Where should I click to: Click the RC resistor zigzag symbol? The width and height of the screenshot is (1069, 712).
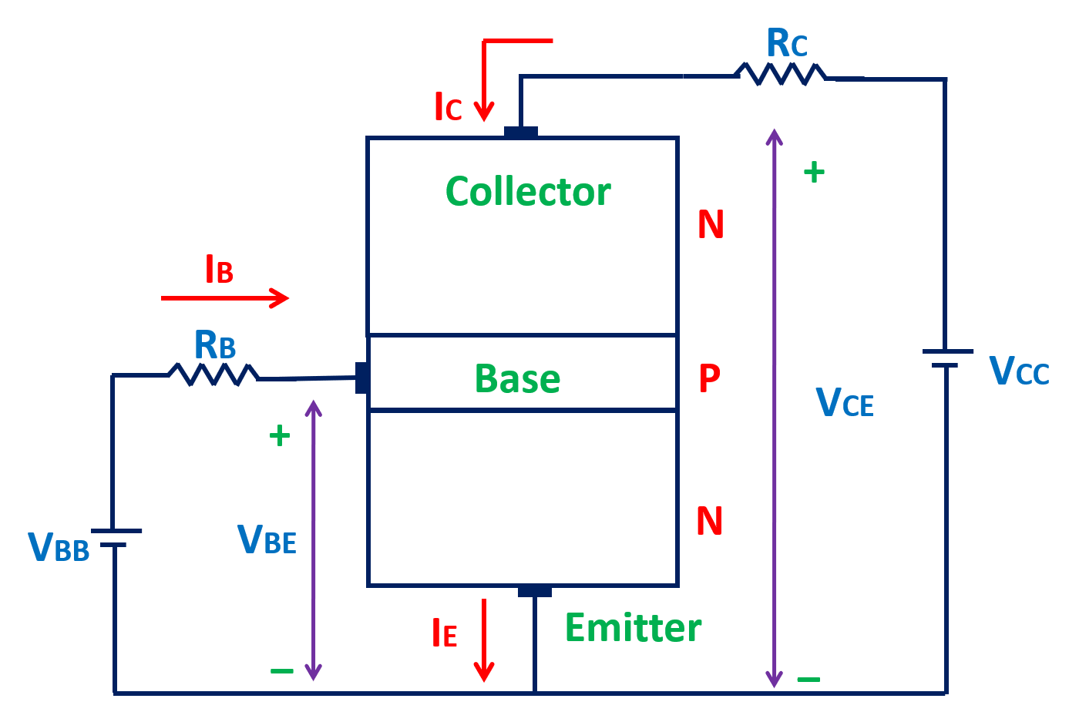(780, 74)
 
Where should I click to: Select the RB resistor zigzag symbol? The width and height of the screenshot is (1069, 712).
(213, 375)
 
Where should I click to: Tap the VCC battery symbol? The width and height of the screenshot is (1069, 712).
(946, 358)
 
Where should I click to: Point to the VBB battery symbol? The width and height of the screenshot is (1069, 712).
(116, 538)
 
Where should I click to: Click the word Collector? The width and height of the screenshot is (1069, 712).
(528, 192)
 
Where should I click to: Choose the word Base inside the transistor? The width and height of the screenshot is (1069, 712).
(517, 379)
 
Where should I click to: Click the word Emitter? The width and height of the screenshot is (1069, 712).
(633, 628)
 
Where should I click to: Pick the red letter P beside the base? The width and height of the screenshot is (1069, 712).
(709, 378)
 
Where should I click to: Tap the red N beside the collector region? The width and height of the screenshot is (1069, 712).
(710, 225)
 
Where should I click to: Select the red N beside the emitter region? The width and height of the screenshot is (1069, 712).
(709, 522)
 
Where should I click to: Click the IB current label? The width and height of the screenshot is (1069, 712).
(219, 270)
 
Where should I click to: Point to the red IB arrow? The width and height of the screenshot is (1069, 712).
(225, 297)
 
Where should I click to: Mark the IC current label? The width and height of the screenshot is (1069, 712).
(448, 108)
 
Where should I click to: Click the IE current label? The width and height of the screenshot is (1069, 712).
(445, 633)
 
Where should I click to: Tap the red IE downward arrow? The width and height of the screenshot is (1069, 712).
(483, 640)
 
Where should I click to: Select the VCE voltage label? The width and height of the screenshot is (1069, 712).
(845, 401)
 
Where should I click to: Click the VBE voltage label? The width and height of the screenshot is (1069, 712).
(267, 539)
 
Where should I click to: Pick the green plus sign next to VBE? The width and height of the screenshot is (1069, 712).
(279, 436)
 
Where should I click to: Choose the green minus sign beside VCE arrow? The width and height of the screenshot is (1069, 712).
(808, 680)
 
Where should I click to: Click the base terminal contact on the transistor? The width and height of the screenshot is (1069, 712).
(361, 378)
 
